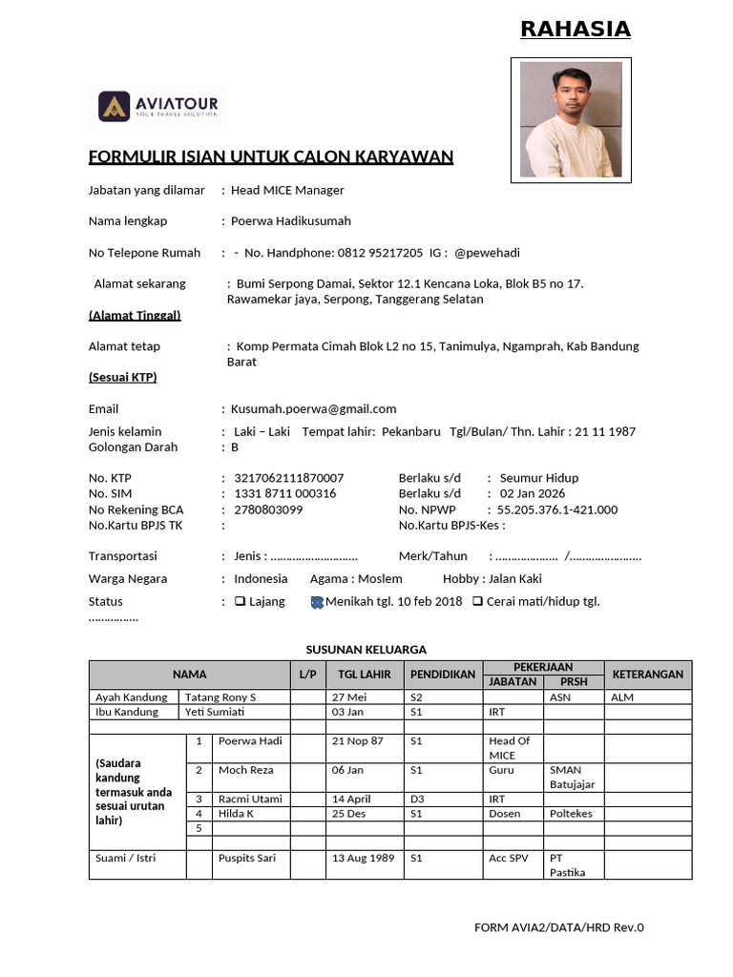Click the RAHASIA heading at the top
(x=575, y=30)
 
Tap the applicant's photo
(x=571, y=120)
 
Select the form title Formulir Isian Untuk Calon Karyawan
(x=270, y=156)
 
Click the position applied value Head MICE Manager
(x=287, y=190)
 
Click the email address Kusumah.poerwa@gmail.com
(x=313, y=408)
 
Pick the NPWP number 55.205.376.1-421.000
(x=557, y=509)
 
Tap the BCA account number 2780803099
(x=268, y=509)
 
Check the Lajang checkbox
(x=240, y=602)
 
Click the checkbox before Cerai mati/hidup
(x=477, y=602)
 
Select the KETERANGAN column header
(x=648, y=675)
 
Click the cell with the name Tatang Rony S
(x=220, y=697)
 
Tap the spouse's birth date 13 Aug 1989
(x=363, y=858)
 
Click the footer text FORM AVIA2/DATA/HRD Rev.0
(x=558, y=927)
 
